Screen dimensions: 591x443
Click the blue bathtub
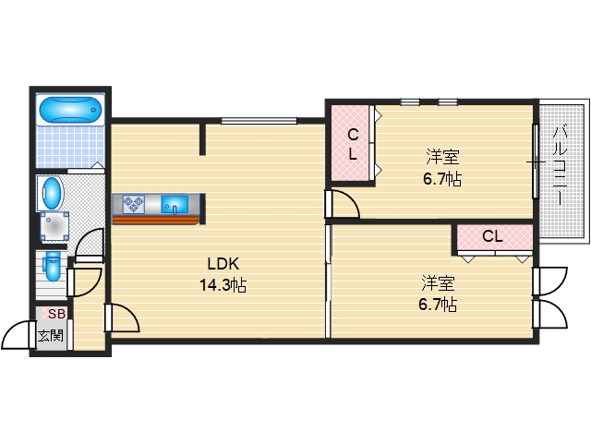coord(70,110)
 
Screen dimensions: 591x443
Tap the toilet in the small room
coord(52,266)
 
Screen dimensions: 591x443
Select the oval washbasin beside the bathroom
coord(52,193)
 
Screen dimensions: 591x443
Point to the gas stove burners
coord(133,205)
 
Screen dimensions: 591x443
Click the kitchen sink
coord(175,205)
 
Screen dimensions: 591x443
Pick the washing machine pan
coord(55,226)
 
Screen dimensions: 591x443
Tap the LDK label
coord(223,264)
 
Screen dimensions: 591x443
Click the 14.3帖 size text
coord(223,285)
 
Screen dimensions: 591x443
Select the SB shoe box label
coord(57,314)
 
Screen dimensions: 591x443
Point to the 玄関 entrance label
coord(51,336)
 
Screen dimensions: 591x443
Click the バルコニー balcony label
coord(561,166)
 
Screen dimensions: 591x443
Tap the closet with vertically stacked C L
coord(350,143)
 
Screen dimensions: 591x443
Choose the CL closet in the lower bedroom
coord(495,237)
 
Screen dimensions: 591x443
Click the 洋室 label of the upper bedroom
coord(443,157)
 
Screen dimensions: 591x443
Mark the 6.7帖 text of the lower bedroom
coord(438,304)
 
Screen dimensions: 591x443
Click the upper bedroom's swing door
coord(343,204)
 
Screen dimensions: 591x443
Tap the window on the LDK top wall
coord(259,121)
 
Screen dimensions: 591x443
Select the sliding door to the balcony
coord(536,162)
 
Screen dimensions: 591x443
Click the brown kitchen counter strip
coord(155,220)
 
